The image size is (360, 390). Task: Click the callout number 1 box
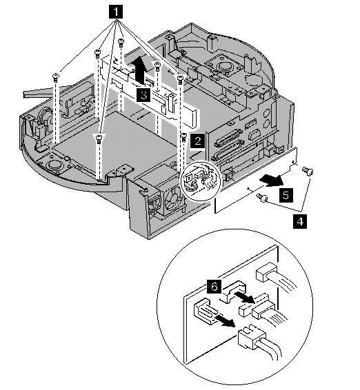coord(116,12)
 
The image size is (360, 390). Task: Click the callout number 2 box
coord(198,141)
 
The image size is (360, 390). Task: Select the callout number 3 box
coord(143,95)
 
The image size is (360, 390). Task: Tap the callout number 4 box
coord(300,221)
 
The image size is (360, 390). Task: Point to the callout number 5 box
coord(286,195)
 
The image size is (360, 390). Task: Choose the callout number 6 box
coord(214,286)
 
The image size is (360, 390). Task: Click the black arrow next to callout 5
coord(271,181)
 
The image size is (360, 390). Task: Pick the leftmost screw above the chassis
coord(56,77)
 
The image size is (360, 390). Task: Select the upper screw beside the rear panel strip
coord(307,171)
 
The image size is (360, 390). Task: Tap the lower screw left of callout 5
coord(262,198)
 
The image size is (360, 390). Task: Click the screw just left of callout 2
coord(183,137)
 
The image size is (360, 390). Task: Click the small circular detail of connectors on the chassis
coord(200,181)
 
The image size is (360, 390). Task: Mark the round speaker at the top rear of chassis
coord(224,66)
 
